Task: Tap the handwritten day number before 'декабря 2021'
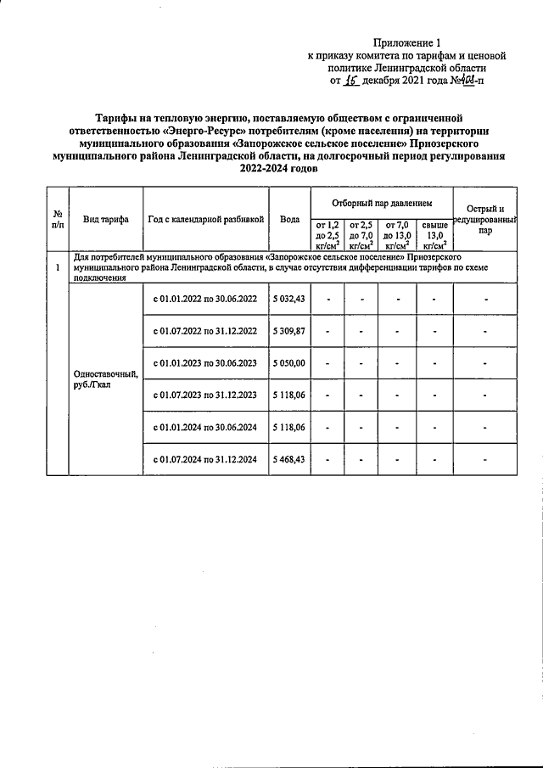349,81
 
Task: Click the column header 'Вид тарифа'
106,219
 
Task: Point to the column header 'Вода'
290,219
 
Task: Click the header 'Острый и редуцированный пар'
484,219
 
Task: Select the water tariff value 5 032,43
290,299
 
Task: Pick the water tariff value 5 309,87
290,331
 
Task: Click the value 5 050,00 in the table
290,362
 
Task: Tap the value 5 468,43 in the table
290,459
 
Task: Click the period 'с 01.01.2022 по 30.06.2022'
205,299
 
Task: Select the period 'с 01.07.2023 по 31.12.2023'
205,395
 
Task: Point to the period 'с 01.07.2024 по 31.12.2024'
205,459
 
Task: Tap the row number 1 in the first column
57,267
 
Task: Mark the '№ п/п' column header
57,219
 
